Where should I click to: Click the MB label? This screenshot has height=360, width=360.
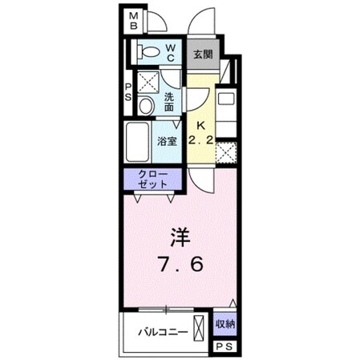point(134,20)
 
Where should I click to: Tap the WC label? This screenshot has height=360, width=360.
point(171,52)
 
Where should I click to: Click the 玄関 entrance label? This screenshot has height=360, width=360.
point(202,55)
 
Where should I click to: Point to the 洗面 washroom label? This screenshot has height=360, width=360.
point(169,101)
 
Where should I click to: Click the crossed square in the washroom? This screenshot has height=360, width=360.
point(146,81)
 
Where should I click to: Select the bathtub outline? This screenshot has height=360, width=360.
point(139,142)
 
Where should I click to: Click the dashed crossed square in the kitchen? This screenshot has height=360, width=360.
point(228,151)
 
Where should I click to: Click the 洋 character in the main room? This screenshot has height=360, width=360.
point(180,237)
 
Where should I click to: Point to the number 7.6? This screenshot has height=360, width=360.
point(181,264)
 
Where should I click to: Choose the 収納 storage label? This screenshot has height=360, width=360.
point(224,324)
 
